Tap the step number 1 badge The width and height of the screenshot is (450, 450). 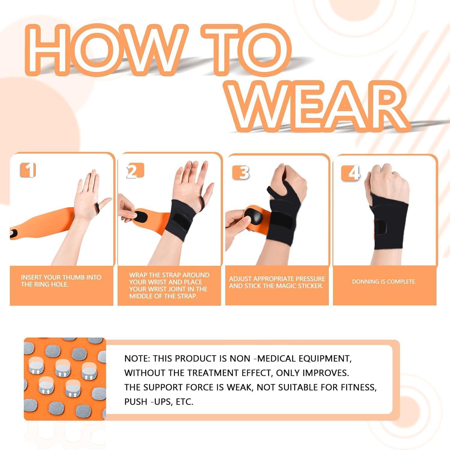click(x=28, y=170)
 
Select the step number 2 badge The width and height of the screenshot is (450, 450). click(x=134, y=171)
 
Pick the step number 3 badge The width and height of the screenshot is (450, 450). click(x=242, y=172)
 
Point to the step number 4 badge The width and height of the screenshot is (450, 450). click(x=351, y=173)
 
